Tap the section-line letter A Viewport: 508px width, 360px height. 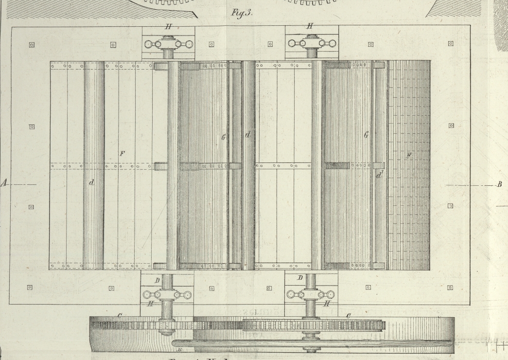tap(5, 184)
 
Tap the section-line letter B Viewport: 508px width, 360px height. tap(499, 185)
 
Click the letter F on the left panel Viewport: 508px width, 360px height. tap(123, 154)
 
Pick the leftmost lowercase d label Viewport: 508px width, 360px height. tap(91, 183)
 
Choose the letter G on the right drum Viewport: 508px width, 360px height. tap(366, 136)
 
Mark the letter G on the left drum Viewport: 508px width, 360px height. tap(223, 138)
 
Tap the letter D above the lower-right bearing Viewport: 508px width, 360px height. tap(300, 277)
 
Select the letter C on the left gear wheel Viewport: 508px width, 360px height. tap(120, 316)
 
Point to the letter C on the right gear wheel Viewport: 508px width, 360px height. tap(348, 316)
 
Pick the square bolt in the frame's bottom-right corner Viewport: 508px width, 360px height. tap(450, 288)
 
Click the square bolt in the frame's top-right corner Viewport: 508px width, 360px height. tap(451, 44)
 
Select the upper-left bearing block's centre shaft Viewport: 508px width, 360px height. tap(168, 44)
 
